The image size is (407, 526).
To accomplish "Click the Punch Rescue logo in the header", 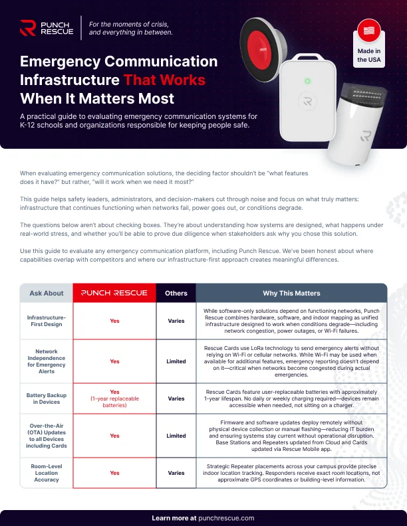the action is [47, 28].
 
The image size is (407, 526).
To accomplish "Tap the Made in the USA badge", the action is [368, 43].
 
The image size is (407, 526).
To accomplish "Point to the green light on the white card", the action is [307, 81].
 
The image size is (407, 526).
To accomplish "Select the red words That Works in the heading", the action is [164, 80].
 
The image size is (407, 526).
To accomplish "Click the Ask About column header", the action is [47, 293].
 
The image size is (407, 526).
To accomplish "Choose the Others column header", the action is [176, 293].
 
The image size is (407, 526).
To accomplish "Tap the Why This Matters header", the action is [291, 293].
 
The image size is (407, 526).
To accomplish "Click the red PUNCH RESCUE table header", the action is [114, 293].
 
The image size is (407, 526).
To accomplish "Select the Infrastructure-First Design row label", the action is [47, 321].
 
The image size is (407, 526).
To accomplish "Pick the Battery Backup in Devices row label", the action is [47, 398].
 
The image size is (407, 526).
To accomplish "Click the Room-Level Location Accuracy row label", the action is [47, 473].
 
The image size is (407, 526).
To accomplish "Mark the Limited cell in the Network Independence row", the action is [176, 361].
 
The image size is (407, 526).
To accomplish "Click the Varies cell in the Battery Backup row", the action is [176, 398].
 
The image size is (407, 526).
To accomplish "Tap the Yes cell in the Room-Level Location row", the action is [114, 473].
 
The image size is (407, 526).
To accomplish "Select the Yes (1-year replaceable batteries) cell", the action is [114, 398].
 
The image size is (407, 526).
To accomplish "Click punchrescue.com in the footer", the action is [226, 518].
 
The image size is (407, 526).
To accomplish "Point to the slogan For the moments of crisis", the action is [128, 24].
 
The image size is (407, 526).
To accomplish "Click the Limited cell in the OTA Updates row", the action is [176, 436].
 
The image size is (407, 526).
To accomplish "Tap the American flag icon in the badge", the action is [368, 31].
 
